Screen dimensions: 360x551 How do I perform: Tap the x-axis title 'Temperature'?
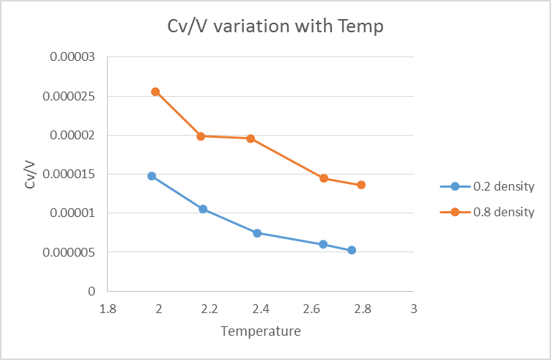261,331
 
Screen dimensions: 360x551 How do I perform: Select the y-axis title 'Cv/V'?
30,175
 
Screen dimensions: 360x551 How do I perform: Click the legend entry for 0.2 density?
487,186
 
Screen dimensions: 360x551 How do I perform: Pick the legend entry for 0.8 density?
487,213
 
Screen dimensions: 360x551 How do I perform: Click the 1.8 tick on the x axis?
108,309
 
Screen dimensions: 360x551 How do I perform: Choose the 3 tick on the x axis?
414,309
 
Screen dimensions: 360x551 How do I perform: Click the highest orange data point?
155,92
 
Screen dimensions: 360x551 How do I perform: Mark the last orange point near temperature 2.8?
361,185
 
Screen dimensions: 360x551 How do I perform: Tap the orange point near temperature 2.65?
324,178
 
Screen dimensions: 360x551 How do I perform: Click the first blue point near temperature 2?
152,176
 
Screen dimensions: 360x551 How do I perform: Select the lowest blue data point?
352,250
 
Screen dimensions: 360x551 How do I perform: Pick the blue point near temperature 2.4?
257,233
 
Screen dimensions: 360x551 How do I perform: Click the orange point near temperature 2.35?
251,139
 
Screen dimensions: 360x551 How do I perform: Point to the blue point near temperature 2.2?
203,209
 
